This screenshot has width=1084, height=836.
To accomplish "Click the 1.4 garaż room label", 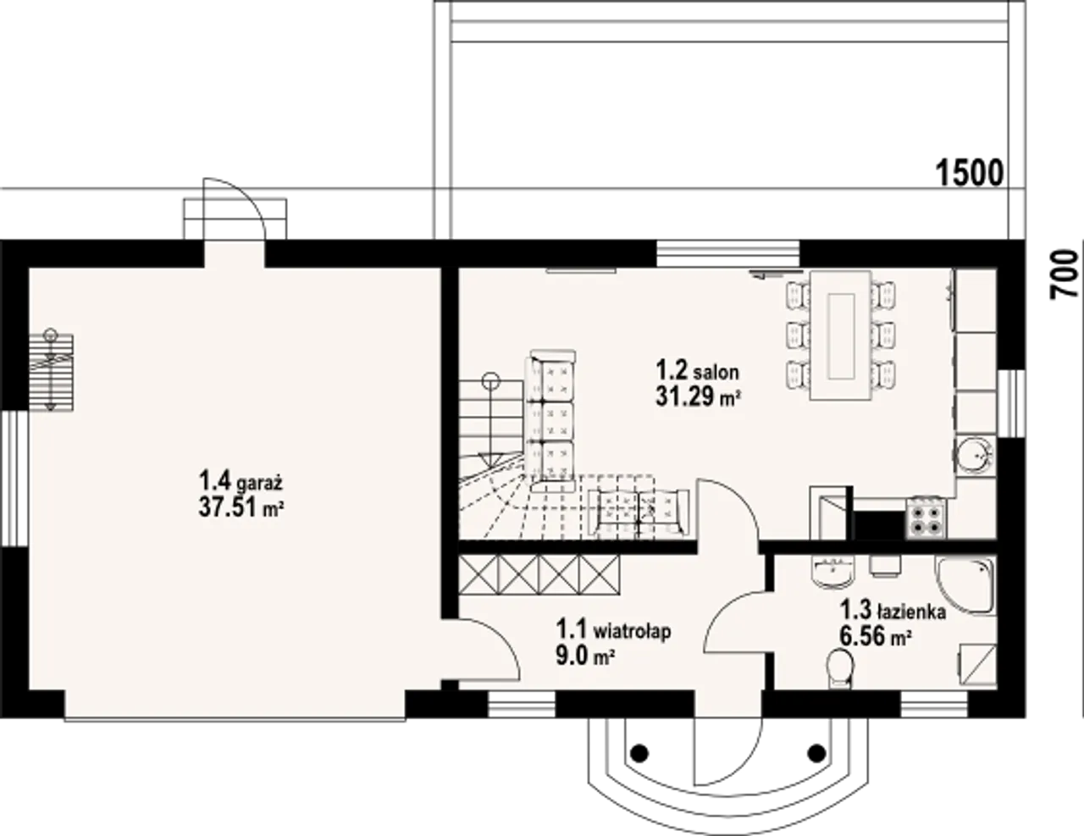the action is pyautogui.click(x=241, y=481).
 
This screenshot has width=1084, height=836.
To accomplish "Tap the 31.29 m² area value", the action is pyautogui.click(x=697, y=397).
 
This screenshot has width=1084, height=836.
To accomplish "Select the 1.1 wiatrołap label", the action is pyautogui.click(x=614, y=630).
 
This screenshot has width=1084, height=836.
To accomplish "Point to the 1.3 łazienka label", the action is pyautogui.click(x=893, y=610).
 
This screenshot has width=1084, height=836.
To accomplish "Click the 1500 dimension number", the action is pyautogui.click(x=969, y=173).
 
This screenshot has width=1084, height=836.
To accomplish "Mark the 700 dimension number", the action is pyautogui.click(x=1064, y=274).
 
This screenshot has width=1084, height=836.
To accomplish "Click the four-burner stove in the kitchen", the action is pyautogui.click(x=926, y=518).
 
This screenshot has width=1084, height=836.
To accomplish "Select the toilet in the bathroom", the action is pyautogui.click(x=839, y=669).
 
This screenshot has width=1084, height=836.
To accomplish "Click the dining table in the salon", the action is pyautogui.click(x=841, y=335).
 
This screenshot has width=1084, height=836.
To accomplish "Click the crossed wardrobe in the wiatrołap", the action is pyautogui.click(x=539, y=574).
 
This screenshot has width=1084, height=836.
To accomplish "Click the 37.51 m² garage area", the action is pyautogui.click(x=241, y=508).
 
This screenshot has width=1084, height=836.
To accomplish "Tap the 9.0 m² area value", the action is pyautogui.click(x=585, y=656).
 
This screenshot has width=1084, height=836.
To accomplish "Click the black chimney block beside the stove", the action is pyautogui.click(x=879, y=525).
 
